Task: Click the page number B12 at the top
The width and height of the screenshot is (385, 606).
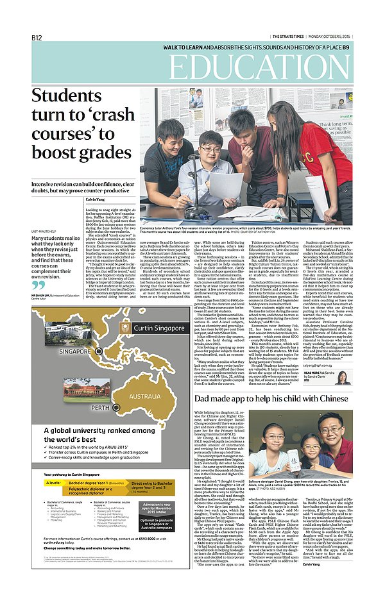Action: (37, 38)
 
